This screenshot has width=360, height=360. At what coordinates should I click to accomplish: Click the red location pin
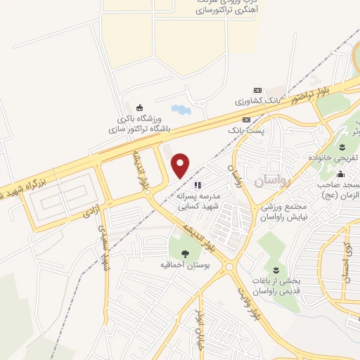click(181, 165)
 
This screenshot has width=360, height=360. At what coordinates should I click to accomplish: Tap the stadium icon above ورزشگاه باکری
click(139, 108)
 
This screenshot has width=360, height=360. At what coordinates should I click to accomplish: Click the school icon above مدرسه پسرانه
click(188, 185)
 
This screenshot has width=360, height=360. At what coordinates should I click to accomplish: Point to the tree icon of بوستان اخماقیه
click(186, 254)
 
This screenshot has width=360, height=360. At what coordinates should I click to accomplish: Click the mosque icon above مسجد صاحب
click(340, 174)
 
